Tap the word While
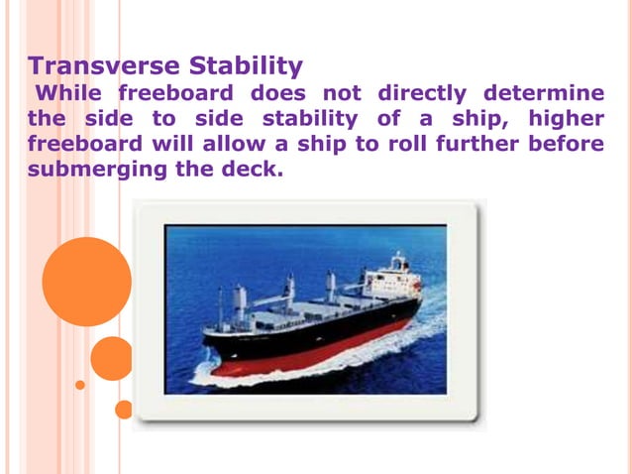tap(71, 94)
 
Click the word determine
tap(544, 94)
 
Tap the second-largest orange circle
tap(112, 358)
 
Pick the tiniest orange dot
tap(80, 385)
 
